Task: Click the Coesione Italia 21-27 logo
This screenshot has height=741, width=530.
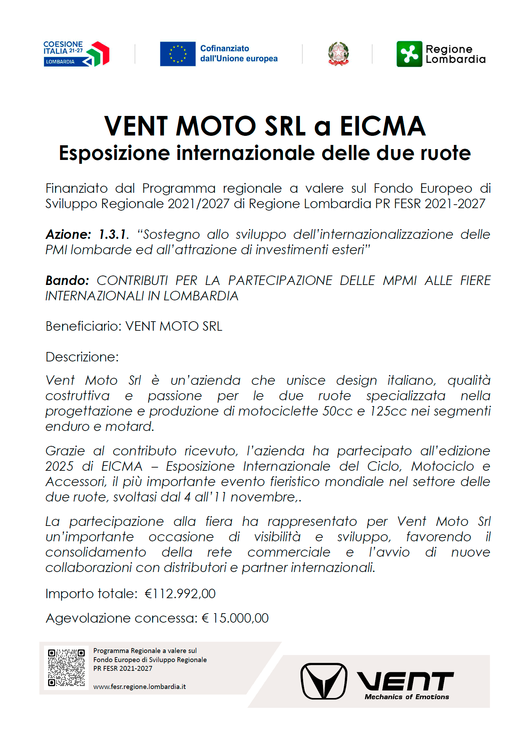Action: (76, 54)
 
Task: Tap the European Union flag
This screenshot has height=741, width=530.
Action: (178, 54)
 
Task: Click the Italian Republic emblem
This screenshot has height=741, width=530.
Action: (338, 54)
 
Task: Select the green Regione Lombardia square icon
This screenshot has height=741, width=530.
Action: (409, 54)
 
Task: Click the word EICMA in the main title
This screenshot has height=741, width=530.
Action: (383, 126)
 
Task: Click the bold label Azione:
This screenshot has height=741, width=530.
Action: (68, 234)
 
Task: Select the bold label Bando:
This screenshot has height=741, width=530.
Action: (67, 280)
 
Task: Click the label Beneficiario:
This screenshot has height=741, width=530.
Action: (83, 326)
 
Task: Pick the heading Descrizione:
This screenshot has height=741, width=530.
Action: (82, 357)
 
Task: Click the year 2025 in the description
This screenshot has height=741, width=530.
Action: (59, 466)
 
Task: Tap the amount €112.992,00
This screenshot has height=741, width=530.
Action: (180, 594)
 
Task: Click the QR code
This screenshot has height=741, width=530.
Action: (66, 667)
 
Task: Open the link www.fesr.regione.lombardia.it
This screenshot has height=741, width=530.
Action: (139, 687)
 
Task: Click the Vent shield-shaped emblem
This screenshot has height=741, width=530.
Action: (324, 681)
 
